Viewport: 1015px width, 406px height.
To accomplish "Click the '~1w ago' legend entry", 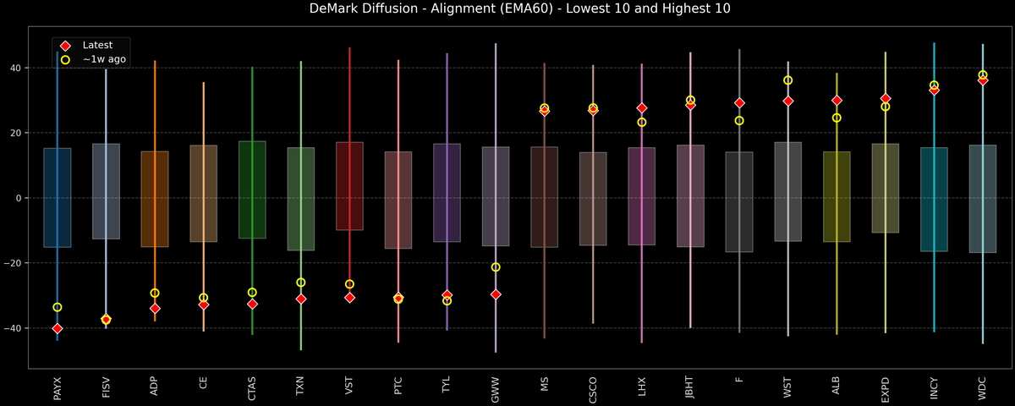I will click(100, 59).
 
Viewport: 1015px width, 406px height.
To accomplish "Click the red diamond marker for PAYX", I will click(58, 328).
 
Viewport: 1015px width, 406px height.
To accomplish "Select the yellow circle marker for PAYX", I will click(58, 307).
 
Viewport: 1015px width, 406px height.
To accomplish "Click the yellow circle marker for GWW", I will click(496, 267).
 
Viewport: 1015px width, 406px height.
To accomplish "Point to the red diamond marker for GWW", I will click(496, 294).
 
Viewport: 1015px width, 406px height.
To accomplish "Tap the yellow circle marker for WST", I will click(788, 80).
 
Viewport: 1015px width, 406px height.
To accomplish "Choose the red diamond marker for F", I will click(739, 103).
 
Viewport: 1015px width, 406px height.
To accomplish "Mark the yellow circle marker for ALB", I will click(837, 118).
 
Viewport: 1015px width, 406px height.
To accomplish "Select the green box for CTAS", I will click(252, 189).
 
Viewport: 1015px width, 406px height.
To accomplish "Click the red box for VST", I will click(349, 186).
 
